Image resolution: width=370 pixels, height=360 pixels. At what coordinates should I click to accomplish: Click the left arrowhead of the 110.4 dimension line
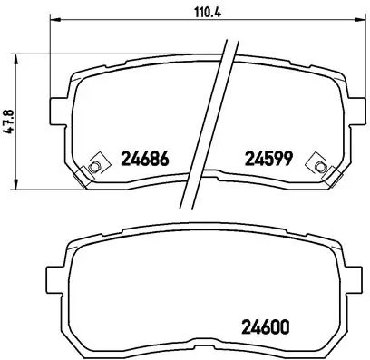tap(52, 20)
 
